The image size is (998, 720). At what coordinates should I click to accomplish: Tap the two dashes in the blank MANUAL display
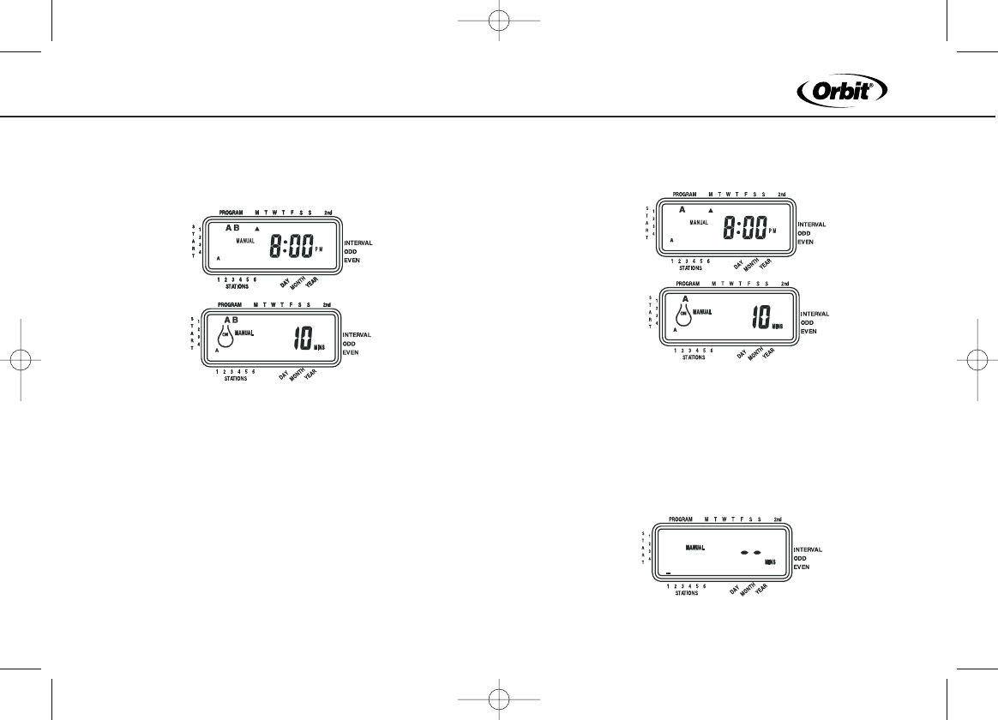coord(751,553)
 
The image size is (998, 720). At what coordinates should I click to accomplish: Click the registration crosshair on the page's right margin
coord(978,360)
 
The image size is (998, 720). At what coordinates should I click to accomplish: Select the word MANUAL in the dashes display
coord(694,547)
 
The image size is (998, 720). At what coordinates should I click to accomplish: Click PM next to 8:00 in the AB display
coord(320,249)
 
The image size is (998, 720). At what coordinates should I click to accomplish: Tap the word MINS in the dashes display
coord(770,562)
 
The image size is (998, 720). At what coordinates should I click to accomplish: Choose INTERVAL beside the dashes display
coord(809,549)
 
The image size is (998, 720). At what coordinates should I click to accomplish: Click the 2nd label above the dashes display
coord(777,519)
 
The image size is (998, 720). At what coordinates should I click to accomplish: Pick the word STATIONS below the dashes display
coord(686,593)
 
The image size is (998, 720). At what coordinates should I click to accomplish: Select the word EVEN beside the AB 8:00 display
coord(352,260)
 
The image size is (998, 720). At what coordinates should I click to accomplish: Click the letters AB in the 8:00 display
coord(231,228)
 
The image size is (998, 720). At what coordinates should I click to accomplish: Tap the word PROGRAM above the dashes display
coord(680,519)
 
